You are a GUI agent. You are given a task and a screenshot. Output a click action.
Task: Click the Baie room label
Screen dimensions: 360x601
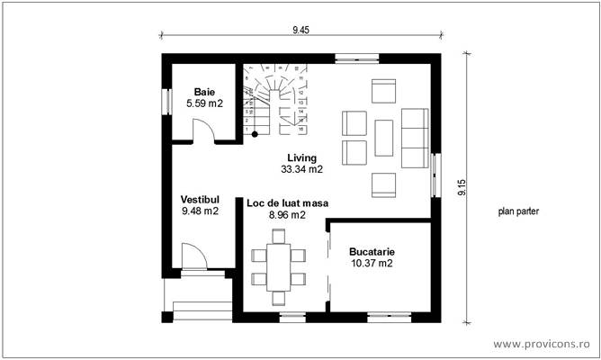coord(204,92)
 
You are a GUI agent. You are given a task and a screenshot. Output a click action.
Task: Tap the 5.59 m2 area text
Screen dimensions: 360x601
coord(204,103)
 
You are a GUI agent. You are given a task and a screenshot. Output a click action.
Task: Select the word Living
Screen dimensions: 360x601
coord(302,157)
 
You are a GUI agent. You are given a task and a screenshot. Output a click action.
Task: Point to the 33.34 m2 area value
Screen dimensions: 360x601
coord(302,168)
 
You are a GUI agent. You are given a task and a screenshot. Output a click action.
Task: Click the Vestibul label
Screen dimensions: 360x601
coord(200,199)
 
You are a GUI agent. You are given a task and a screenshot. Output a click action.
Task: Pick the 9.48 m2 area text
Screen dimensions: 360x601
coord(200,211)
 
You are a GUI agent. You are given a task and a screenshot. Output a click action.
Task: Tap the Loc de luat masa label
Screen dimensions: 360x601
coord(287,204)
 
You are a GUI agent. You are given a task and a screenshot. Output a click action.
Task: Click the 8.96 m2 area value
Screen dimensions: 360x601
coord(287,216)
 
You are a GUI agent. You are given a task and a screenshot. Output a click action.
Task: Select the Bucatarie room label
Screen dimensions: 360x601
coord(372,252)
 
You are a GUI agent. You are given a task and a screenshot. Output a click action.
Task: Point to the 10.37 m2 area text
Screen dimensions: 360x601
coord(372,264)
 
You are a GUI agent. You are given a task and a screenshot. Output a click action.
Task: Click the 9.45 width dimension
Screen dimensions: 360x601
coord(300,30)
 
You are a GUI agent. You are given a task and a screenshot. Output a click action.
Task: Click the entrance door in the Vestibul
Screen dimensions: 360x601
coord(192,257)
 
